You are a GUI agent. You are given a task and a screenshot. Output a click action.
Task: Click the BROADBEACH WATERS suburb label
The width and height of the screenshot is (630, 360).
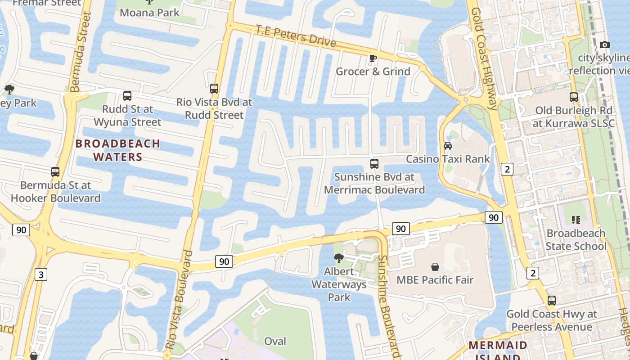tap(117, 150)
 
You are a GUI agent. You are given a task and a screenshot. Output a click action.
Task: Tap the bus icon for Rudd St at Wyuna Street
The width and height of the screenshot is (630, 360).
tap(127, 96)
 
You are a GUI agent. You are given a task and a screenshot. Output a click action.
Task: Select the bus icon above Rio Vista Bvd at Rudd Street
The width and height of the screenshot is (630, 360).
tap(214, 89)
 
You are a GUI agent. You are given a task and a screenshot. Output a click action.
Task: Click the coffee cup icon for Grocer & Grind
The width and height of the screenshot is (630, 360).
tap(373, 58)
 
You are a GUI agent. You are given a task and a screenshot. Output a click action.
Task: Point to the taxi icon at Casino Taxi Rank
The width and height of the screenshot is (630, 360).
tap(448, 146)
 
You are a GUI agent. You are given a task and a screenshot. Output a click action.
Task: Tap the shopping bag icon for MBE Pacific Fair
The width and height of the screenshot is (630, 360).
tap(435, 267)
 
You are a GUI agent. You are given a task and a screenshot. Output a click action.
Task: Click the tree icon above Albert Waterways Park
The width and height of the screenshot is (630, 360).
tap(339, 258)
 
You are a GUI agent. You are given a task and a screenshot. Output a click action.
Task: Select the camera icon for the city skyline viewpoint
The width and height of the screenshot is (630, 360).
tap(605, 45)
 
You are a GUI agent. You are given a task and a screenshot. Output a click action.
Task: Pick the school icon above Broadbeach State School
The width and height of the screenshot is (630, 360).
tap(576, 220)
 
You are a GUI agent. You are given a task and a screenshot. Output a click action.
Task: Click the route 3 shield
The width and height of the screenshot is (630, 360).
tap(40, 274)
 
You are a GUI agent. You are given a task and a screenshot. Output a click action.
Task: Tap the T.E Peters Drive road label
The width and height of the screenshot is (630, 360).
tap(296, 36)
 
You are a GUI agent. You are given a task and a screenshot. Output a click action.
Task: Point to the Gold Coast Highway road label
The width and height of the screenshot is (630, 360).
tap(485, 58)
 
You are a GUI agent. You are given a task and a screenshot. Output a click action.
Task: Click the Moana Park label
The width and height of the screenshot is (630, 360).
tap(149, 12)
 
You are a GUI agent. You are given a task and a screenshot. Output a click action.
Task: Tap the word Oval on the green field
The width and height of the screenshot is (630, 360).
tap(275, 341)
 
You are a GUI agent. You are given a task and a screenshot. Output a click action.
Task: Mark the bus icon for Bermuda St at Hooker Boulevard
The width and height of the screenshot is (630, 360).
tap(55, 172)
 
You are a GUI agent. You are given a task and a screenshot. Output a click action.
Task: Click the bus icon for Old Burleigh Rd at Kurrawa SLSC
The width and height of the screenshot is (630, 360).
tap(574, 97)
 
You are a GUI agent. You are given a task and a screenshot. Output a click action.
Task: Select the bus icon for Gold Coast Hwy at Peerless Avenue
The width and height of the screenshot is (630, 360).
tap(552, 301)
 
